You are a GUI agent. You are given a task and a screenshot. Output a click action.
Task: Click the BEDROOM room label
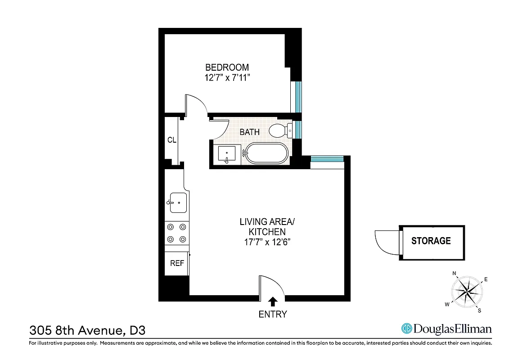coord(227,67)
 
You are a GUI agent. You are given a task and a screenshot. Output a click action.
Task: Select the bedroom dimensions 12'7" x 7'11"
coord(227,78)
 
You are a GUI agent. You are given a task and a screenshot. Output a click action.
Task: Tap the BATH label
coord(249,132)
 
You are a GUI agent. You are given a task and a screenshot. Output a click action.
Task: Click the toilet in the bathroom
coord(279,131)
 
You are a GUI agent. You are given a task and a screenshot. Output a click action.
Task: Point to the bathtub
coord(266,154)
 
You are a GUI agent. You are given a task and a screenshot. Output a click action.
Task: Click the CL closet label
coord(171,140)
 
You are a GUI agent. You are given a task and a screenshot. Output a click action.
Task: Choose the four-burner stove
coord(176,233)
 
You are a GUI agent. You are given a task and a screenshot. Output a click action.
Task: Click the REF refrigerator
coord(177,263)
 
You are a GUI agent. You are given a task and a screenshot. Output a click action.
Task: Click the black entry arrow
coord(273,301)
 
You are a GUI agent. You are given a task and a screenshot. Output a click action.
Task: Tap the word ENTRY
coord(273,315)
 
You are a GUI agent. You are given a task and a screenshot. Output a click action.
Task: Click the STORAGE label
coord(431,241)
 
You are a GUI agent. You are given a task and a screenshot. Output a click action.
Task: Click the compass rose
coord(467,291)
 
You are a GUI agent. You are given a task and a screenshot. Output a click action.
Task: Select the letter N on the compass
coord(455,274)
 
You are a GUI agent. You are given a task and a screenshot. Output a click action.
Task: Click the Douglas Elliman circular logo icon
coord(407,329)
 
